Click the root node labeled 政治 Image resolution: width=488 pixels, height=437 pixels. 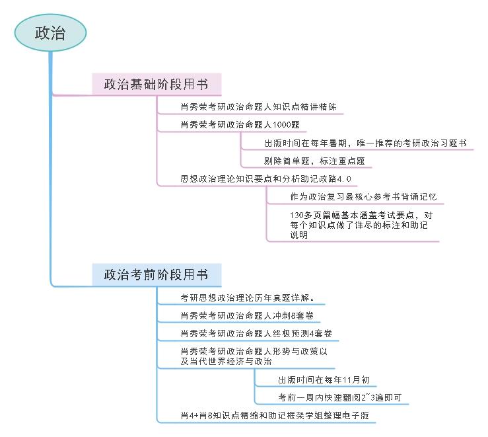point(50,32)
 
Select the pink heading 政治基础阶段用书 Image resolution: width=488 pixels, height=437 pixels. point(155,85)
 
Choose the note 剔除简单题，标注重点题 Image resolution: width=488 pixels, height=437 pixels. point(314,161)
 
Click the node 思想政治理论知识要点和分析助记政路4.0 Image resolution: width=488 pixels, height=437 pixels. point(265,179)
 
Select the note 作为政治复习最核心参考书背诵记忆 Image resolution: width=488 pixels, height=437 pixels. point(363,197)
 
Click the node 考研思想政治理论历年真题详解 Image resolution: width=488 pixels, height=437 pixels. point(251,297)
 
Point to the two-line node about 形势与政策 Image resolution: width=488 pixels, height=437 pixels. point(254,356)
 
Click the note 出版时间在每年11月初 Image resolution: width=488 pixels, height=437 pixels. point(324,379)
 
